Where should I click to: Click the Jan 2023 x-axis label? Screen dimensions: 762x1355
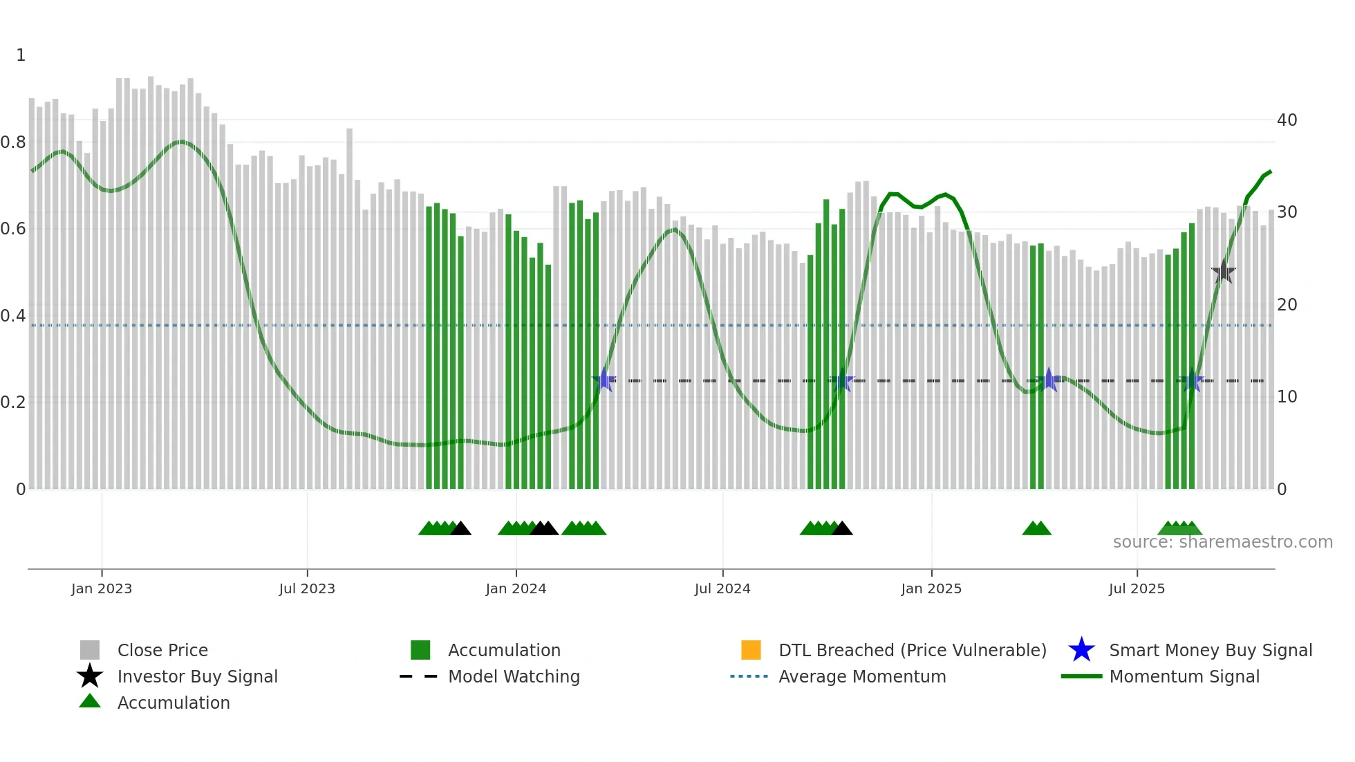tap(102, 588)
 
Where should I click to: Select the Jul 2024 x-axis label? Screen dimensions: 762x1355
tap(722, 588)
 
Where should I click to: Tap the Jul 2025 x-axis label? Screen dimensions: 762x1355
tap(1137, 588)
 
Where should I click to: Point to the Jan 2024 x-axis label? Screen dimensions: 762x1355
tap(516, 588)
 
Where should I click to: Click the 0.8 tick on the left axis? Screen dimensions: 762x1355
tap(13, 142)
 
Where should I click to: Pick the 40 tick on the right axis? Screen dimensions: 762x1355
tap(1287, 120)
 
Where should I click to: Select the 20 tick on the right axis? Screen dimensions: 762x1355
tap(1287, 305)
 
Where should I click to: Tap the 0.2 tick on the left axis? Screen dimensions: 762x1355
tap(13, 402)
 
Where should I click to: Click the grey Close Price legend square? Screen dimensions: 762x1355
tap(90, 650)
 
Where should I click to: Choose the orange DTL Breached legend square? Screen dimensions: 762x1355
tap(751, 650)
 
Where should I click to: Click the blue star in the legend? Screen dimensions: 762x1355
tap(1081, 650)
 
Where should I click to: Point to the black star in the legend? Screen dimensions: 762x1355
tap(90, 676)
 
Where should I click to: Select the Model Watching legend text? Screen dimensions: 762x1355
tap(514, 676)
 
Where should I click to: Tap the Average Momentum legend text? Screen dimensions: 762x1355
tap(862, 676)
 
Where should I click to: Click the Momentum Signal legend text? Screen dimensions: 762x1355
tap(1184, 676)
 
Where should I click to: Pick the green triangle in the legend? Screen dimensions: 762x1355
tap(90, 701)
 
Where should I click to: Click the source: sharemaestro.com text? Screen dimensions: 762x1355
tap(1222, 542)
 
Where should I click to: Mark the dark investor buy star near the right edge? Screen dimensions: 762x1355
tap(1223, 272)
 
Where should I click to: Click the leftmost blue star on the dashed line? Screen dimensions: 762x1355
tap(604, 380)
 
